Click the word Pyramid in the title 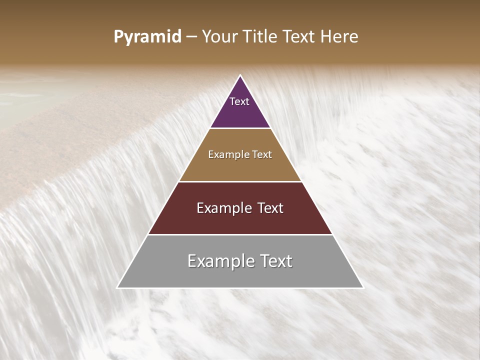[147, 37]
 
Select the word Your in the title [220, 37]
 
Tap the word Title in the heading [261, 37]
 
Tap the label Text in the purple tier [239, 101]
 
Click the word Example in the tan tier [227, 155]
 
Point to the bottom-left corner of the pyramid [118, 287]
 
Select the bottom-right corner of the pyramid [362, 287]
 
